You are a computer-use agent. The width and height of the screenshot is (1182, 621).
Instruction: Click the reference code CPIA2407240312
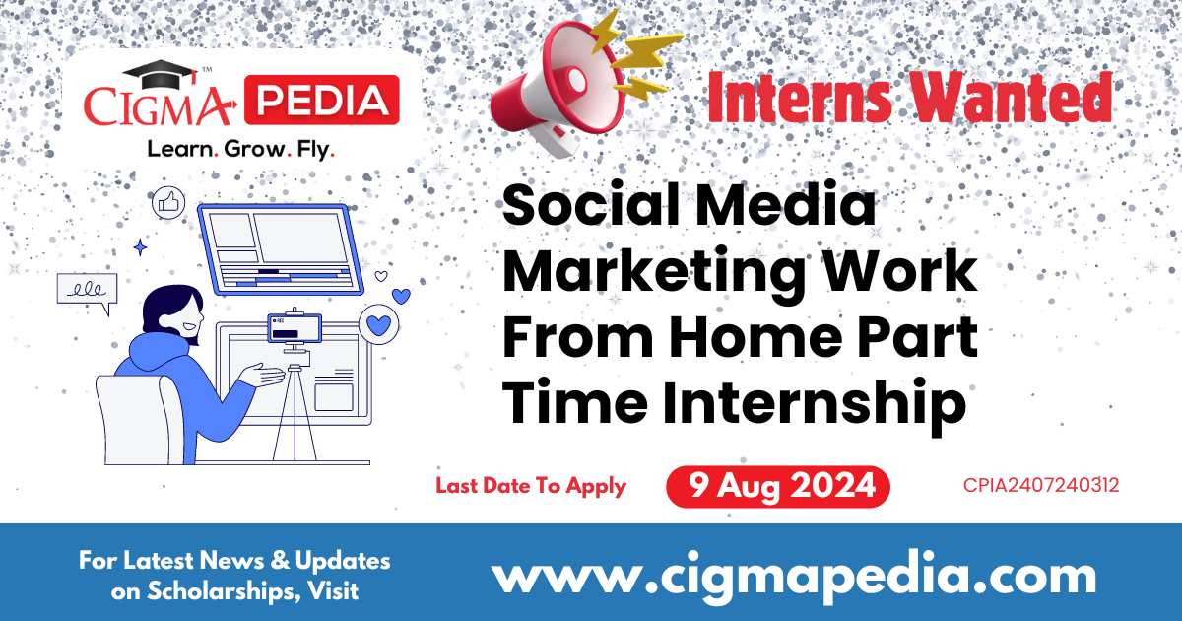click(x=1041, y=486)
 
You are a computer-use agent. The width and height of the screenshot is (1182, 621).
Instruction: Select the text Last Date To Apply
click(x=531, y=486)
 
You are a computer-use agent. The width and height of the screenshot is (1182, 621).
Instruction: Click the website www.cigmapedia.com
click(x=794, y=575)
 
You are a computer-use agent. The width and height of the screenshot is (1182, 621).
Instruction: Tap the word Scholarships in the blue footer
click(x=212, y=591)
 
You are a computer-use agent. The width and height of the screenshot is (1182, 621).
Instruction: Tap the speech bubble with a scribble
click(x=87, y=291)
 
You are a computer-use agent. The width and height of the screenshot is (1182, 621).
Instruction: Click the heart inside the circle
click(x=376, y=322)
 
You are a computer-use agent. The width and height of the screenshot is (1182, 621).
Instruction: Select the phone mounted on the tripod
click(x=293, y=330)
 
